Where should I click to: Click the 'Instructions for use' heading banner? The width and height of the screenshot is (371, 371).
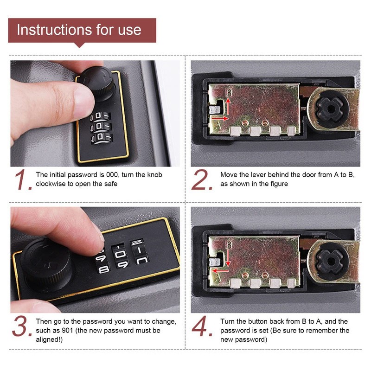[x=82, y=30]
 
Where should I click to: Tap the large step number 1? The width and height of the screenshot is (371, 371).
[x=22, y=179]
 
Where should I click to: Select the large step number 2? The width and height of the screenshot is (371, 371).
[x=201, y=179]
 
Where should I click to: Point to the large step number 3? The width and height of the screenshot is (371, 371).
[x=21, y=326]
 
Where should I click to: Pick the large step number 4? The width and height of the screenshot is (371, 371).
[x=202, y=326]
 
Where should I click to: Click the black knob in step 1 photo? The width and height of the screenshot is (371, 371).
[x=99, y=83]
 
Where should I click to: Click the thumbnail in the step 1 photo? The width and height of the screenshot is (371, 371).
[x=83, y=102]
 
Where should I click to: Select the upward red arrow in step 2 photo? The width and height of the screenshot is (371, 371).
[x=228, y=107]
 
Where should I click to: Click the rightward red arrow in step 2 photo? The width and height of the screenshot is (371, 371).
[x=220, y=118]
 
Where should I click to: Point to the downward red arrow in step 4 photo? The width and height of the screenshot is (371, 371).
[x=228, y=258]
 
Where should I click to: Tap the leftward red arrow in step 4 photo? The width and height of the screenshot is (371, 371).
[x=220, y=270]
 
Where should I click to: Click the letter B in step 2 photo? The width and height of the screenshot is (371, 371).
[x=228, y=92]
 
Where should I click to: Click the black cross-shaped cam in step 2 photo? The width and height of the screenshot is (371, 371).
[x=330, y=109]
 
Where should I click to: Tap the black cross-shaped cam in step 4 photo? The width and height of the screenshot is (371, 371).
[x=330, y=261]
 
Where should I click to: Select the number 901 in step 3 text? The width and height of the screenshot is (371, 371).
[x=67, y=330]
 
